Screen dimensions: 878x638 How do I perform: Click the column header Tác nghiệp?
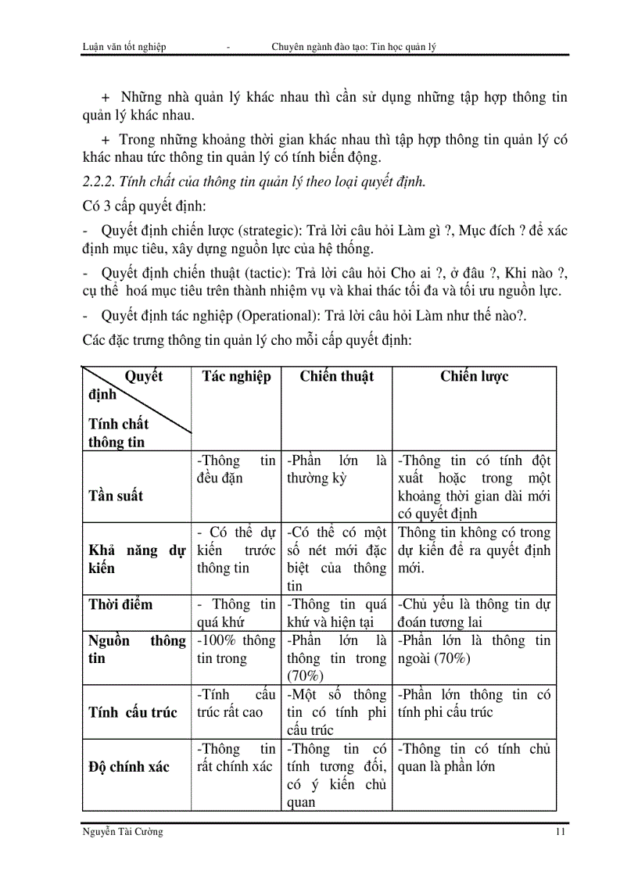(236, 376)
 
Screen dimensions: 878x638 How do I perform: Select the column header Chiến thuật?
(336, 376)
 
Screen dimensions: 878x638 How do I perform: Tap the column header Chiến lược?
(474, 376)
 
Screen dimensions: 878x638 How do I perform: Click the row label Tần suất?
(116, 496)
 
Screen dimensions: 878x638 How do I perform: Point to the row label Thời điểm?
(120, 604)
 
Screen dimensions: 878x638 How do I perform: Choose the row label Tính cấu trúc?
(133, 712)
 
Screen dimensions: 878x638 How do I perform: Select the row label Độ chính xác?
(128, 766)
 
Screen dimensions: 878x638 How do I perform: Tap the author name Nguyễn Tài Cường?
(122, 832)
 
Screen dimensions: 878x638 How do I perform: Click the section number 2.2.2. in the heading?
(99, 183)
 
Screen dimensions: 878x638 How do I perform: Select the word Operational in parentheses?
(267, 317)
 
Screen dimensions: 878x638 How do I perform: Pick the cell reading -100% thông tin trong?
(236, 650)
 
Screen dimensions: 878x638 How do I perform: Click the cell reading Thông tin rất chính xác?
(236, 758)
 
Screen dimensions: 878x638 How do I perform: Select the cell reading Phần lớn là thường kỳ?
(336, 469)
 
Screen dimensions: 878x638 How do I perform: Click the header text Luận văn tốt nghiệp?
(124, 47)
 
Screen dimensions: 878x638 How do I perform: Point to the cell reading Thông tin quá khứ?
(236, 613)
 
